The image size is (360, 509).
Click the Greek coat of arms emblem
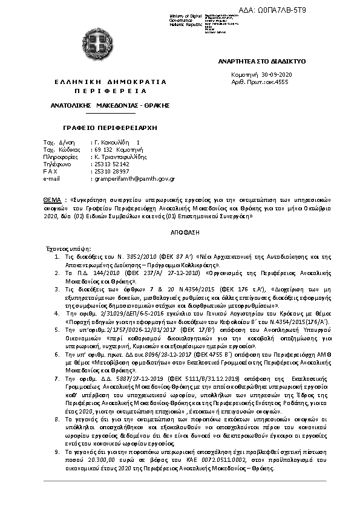97,44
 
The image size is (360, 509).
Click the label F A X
50,172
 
